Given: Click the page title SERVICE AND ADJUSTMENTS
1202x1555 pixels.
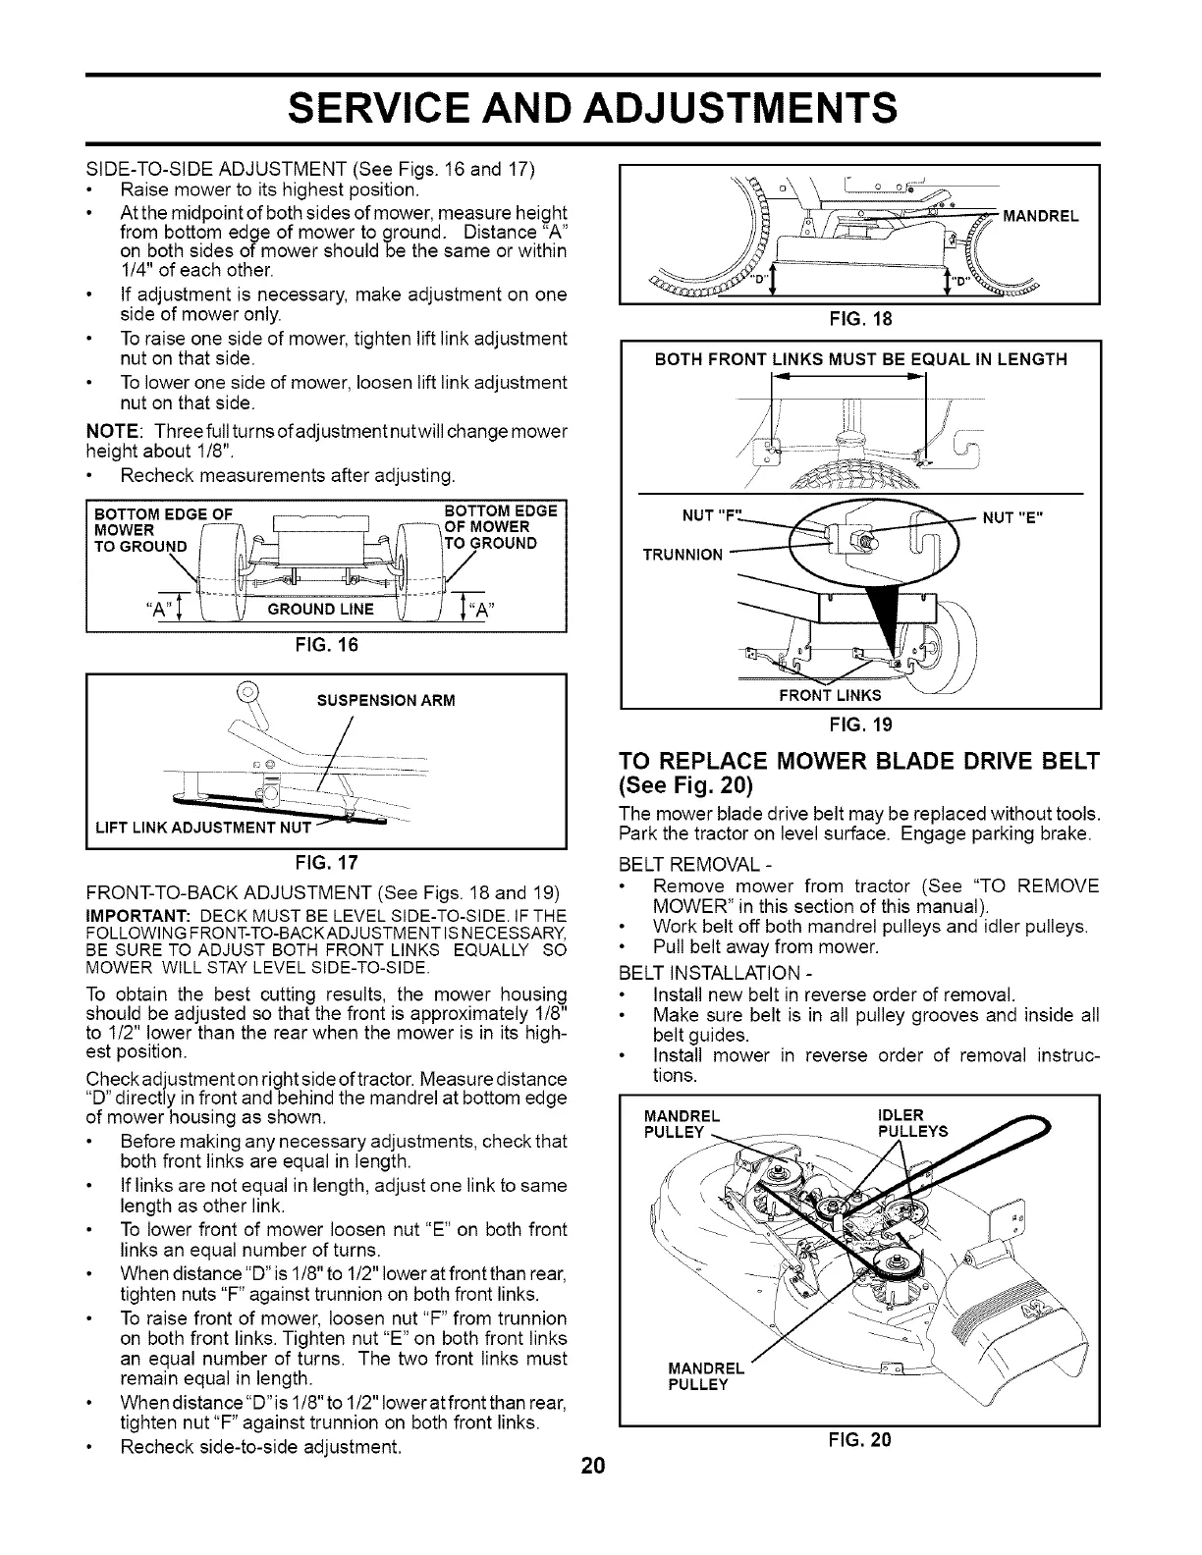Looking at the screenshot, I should pos(591,108).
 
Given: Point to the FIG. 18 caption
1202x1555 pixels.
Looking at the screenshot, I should pos(860,318).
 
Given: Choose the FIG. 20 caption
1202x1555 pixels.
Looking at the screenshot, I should pos(860,1440).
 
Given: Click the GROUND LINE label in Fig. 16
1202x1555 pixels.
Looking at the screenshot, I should pos(325,609).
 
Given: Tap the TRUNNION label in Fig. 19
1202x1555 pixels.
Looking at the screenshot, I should pos(683,554).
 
